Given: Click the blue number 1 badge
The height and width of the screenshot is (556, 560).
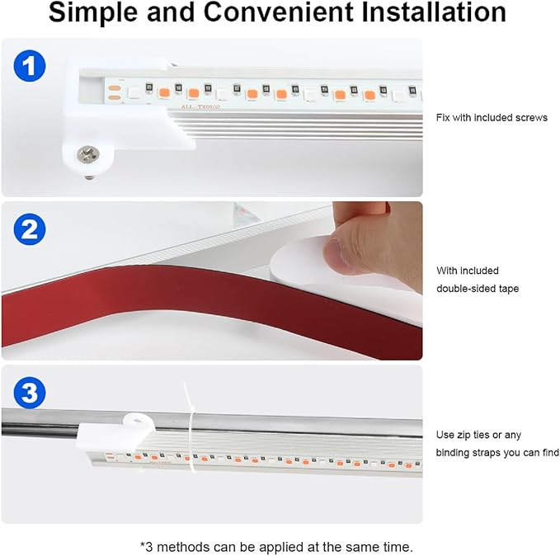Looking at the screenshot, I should point(31,66).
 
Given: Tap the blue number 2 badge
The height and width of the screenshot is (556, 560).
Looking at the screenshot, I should point(31,229).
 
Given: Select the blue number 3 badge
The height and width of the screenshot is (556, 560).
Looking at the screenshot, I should point(31,393).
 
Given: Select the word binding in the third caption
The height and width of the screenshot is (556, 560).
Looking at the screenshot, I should point(452,453).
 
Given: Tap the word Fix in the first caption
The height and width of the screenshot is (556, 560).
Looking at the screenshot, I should point(443,117).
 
